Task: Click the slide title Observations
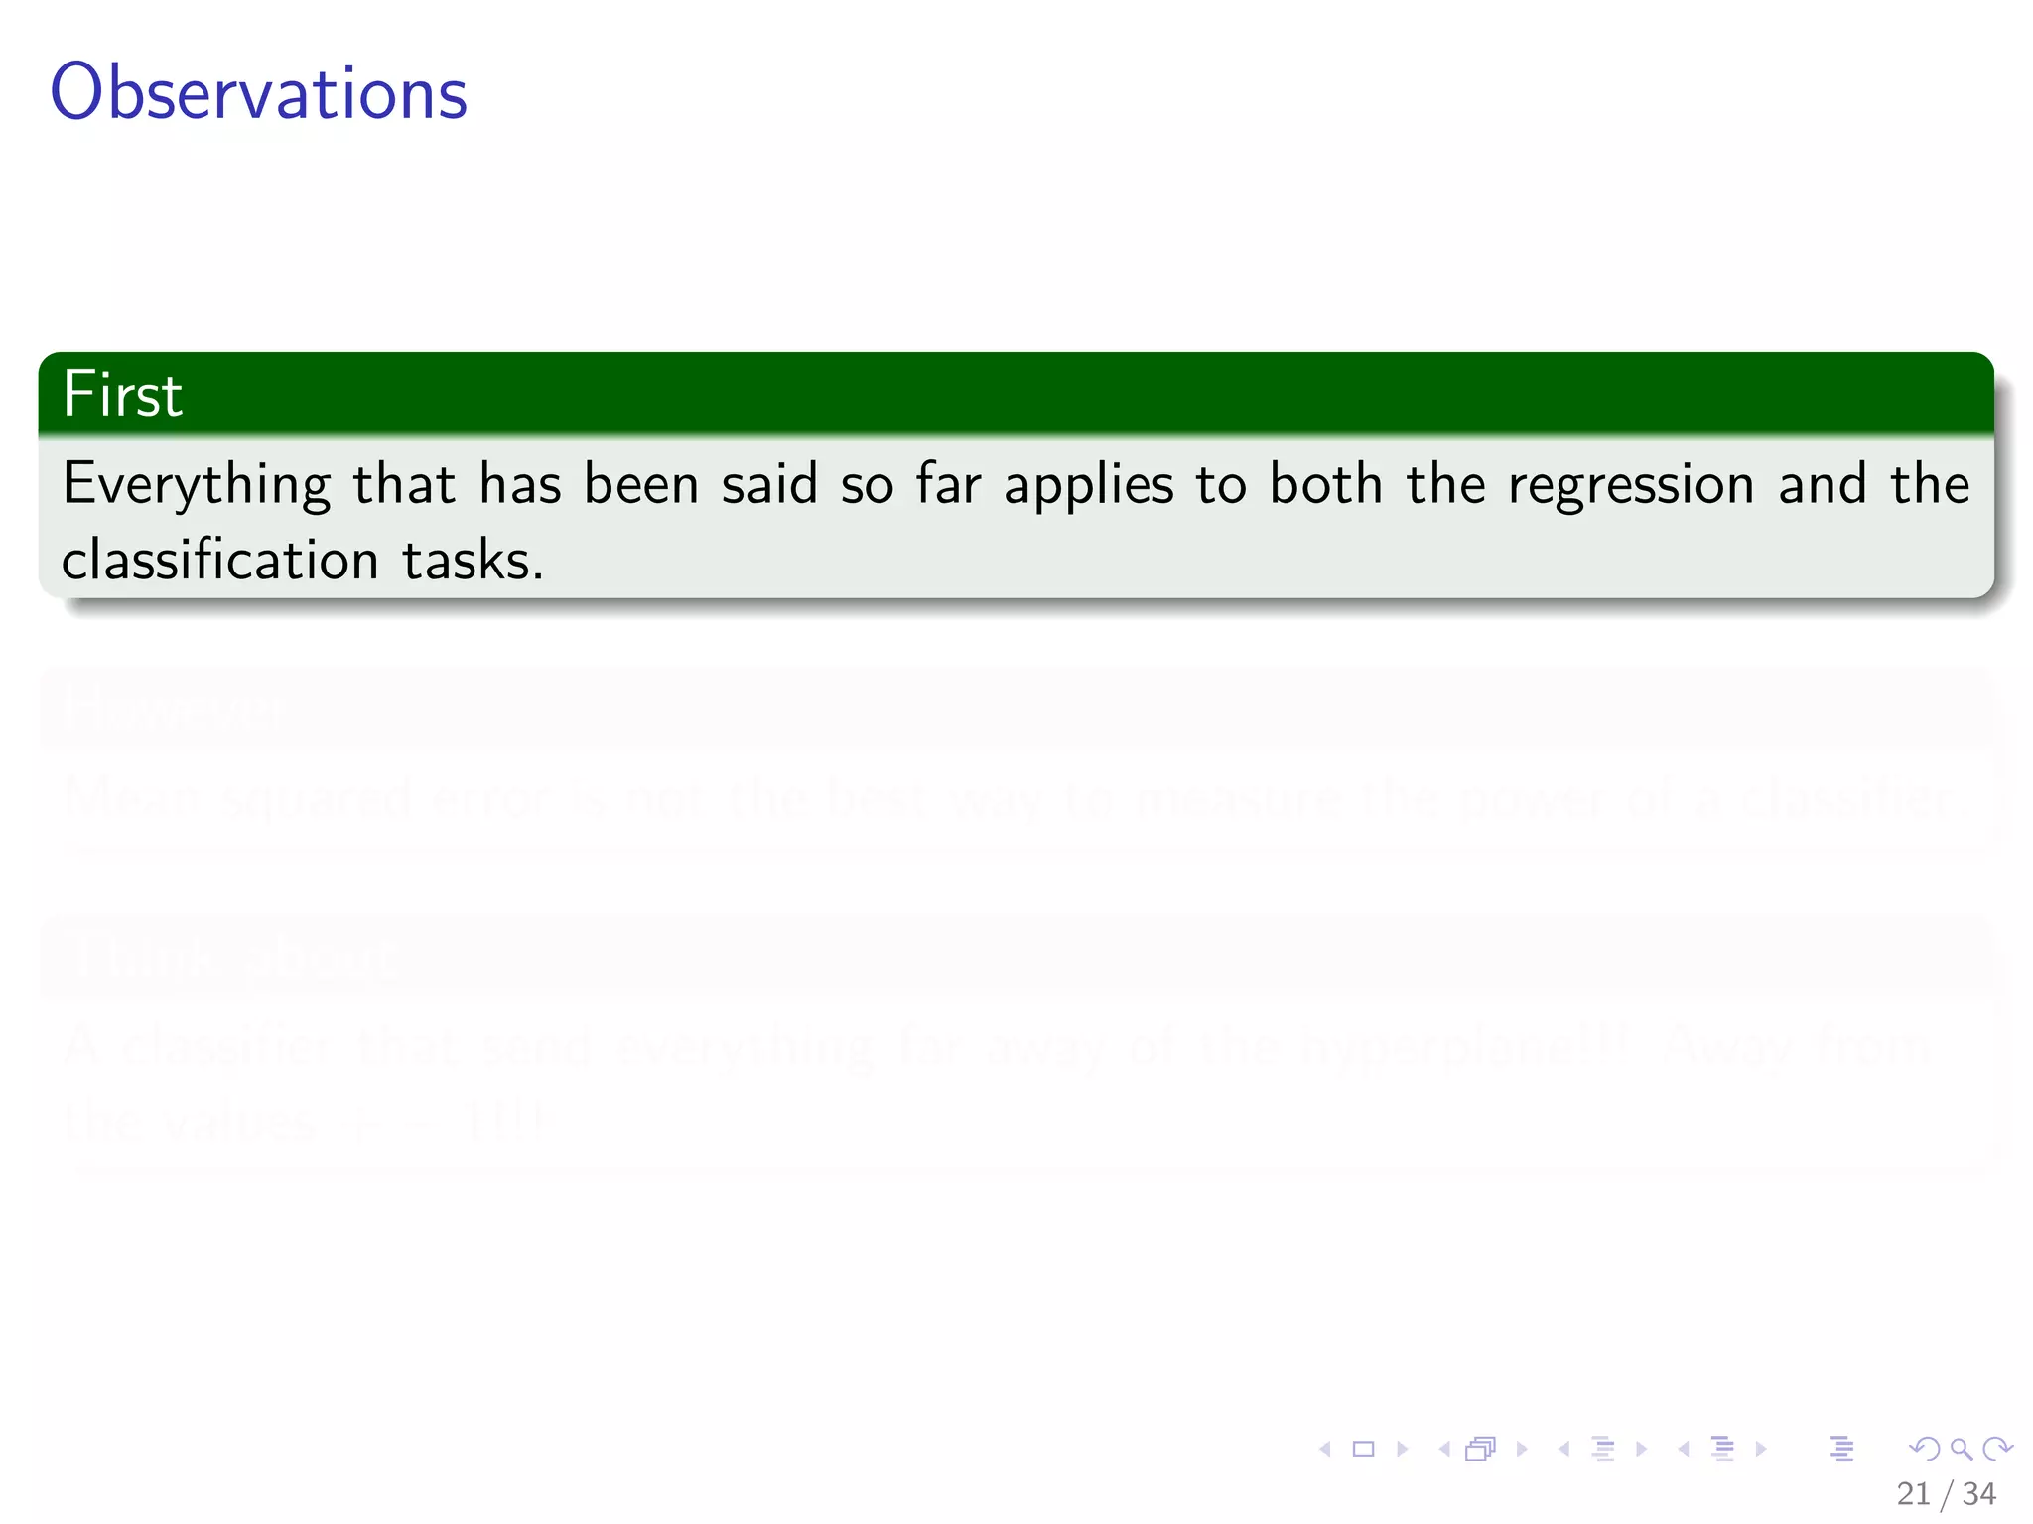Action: [258, 92]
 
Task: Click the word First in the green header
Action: [122, 394]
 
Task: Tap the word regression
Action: [1631, 485]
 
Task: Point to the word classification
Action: [220, 560]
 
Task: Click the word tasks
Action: [473, 560]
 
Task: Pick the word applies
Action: [1088, 485]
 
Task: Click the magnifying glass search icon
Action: [1961, 1449]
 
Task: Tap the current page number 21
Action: [1913, 1493]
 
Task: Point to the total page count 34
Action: [1979, 1493]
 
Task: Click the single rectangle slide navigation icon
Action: [1364, 1449]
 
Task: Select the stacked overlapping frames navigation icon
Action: [1480, 1449]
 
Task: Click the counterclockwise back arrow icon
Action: [1925, 1449]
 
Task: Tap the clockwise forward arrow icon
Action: [1997, 1449]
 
